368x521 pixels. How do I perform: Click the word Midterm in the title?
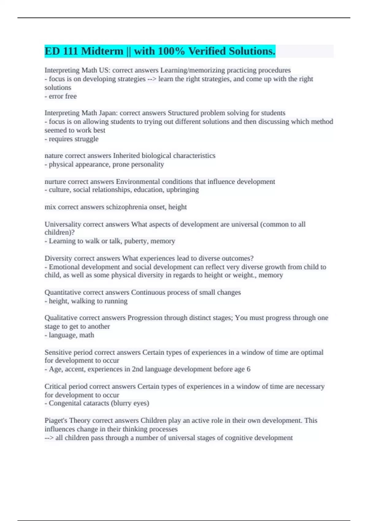point(102,51)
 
